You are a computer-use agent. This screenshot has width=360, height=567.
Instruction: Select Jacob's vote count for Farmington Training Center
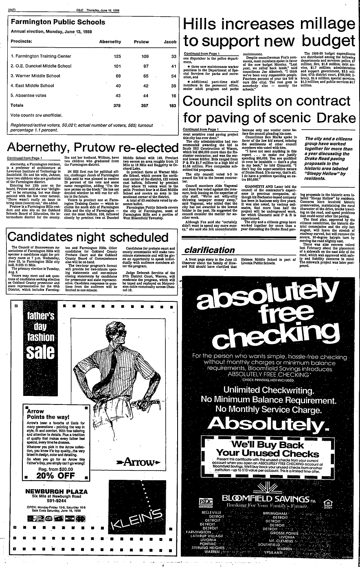173,56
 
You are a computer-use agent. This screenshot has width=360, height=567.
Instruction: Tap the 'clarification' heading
209,250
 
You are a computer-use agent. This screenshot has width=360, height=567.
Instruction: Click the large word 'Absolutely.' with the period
271,425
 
